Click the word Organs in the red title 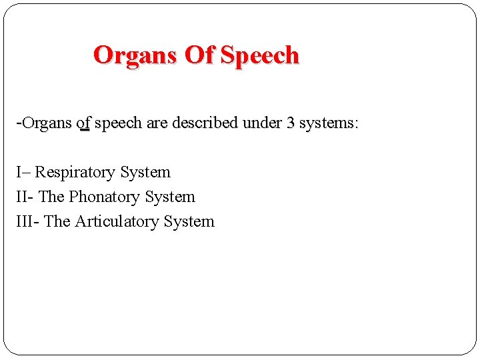[x=135, y=55]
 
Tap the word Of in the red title [x=198, y=55]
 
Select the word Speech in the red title [x=259, y=55]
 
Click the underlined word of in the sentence [x=83, y=124]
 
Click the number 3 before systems [x=291, y=124]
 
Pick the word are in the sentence [x=159, y=124]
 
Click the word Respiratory [x=75, y=173]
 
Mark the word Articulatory [x=117, y=222]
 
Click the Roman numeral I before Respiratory [x=19, y=173]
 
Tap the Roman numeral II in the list [x=22, y=197]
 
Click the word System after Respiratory [x=145, y=173]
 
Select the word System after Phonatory [x=170, y=197]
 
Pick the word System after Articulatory [x=189, y=222]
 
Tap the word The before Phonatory [x=52, y=197]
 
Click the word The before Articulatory [x=57, y=222]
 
